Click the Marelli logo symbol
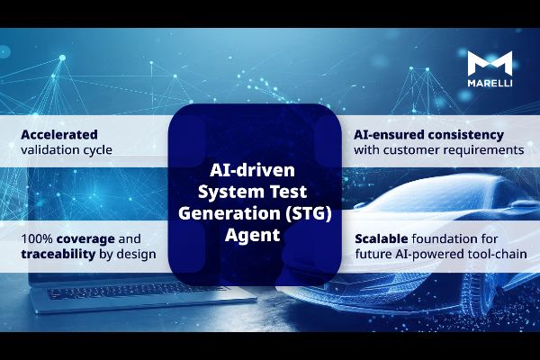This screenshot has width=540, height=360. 490,63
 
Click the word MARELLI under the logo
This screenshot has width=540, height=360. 490,82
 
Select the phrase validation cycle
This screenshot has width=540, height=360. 67,149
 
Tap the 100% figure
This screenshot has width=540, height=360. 35,238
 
